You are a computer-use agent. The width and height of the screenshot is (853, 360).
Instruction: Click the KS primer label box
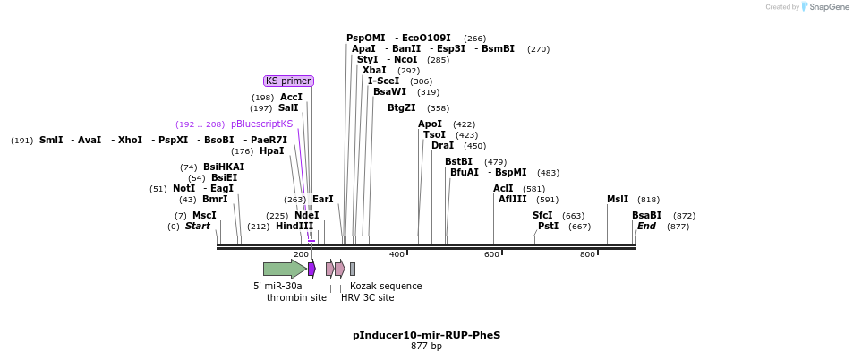288,81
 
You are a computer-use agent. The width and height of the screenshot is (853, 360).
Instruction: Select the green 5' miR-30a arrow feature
284,269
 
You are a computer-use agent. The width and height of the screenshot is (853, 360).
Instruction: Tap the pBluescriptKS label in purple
261,124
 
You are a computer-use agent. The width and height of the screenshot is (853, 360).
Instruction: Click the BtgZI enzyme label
401,107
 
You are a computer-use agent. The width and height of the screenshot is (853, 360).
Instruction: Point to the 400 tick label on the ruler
397,255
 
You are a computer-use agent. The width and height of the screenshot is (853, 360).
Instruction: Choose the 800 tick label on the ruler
587,255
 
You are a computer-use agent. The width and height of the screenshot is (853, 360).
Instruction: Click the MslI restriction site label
618,200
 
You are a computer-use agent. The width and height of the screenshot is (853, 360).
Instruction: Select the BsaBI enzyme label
646,215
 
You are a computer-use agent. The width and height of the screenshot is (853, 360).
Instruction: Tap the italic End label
646,227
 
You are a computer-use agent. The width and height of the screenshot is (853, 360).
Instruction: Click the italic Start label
197,227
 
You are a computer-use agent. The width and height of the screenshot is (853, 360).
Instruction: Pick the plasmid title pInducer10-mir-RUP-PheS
426,335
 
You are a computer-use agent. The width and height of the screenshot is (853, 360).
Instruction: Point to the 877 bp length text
426,346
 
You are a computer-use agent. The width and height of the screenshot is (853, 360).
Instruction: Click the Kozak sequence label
385,287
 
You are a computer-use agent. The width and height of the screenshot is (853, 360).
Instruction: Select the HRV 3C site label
367,297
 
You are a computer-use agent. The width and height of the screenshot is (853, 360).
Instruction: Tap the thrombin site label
296,297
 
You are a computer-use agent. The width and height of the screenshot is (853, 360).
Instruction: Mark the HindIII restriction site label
294,227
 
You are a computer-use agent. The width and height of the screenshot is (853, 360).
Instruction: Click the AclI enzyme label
503,188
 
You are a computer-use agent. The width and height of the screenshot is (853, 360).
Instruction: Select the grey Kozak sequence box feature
353,269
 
